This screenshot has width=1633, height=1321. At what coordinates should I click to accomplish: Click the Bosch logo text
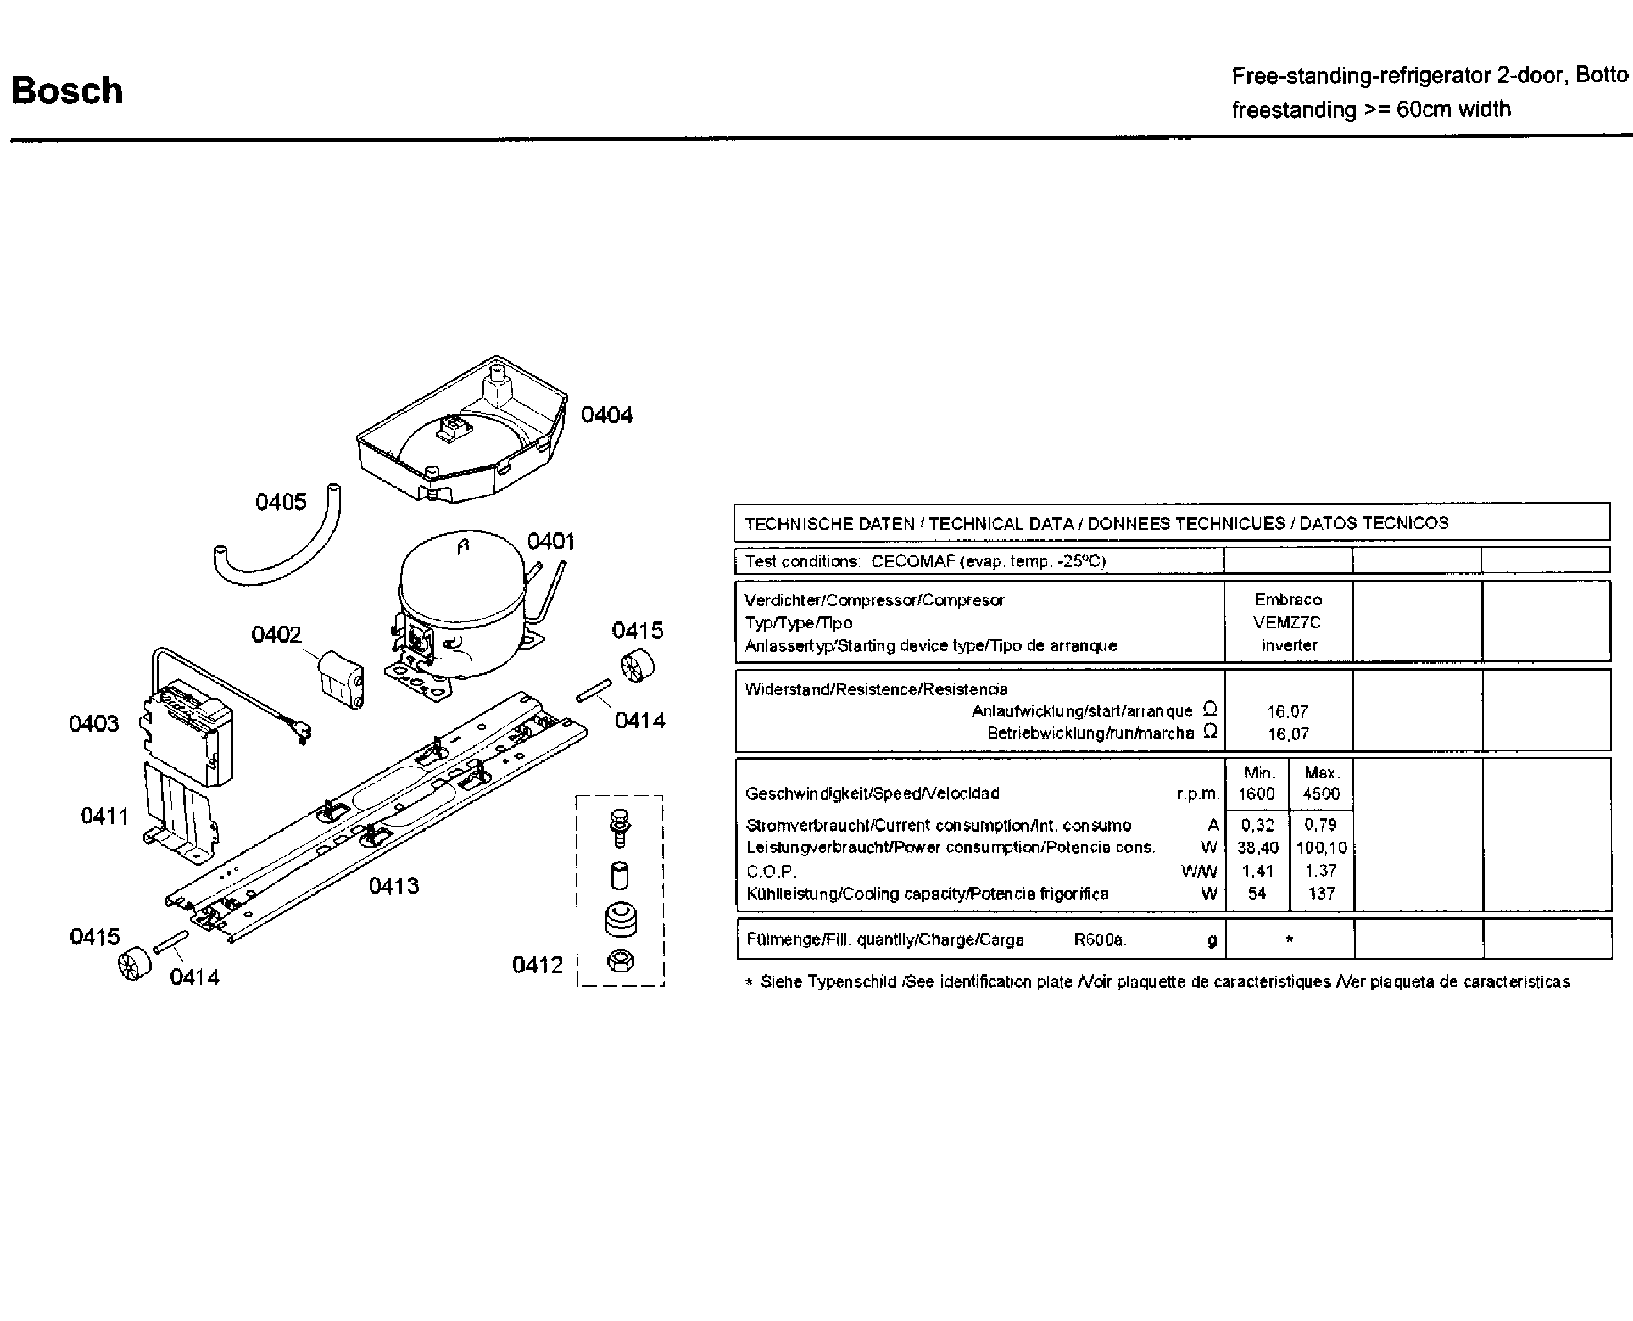coord(67,90)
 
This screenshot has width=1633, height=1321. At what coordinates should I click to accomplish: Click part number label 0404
coord(607,414)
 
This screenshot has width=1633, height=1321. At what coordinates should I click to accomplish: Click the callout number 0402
coord(276,635)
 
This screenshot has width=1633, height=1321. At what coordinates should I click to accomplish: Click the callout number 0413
coord(393,886)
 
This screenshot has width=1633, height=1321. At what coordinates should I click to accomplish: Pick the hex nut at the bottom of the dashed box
coord(620,961)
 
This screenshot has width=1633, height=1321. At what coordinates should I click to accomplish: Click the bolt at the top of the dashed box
coord(620,828)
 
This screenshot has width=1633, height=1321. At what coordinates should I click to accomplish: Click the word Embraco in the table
coord(1288,600)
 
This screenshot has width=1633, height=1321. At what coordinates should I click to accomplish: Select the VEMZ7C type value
coord(1288,623)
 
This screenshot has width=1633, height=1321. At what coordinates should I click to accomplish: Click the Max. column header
coord(1321,773)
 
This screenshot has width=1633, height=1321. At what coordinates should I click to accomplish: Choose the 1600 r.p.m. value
coord(1256,794)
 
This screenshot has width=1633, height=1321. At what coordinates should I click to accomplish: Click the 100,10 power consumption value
coord(1321,848)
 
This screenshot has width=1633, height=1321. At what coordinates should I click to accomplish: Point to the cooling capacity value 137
coord(1321,894)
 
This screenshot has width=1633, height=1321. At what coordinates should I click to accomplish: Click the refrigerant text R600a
coord(1099,940)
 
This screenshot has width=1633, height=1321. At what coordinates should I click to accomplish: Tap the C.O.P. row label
coord(771,872)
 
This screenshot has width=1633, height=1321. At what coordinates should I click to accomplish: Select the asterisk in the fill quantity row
coord(1289,940)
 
